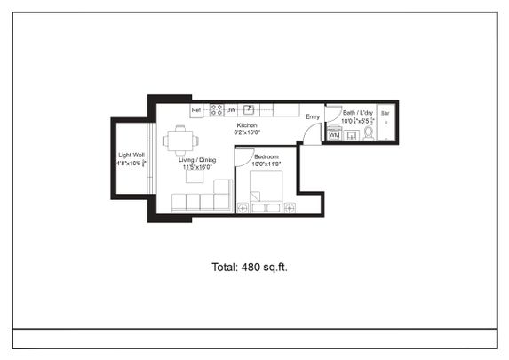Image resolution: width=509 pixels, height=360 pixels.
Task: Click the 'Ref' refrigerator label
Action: (196, 110)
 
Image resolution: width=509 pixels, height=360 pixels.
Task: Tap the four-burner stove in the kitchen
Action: (215, 110)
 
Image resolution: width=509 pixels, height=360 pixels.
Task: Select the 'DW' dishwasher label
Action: (230, 110)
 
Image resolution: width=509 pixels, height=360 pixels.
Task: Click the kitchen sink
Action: (249, 109)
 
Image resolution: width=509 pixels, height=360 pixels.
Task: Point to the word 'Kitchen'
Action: (246, 125)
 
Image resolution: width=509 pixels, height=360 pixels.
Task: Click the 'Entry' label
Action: (313, 116)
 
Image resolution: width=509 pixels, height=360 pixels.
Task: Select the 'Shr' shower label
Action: (386, 114)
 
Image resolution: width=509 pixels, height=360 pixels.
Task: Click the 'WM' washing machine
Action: (334, 134)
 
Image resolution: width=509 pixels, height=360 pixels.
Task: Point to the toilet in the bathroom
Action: (368, 132)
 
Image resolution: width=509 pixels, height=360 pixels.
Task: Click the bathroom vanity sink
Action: (351, 134)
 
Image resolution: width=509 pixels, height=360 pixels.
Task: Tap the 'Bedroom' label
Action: (266, 156)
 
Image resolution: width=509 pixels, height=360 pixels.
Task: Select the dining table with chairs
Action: (180, 140)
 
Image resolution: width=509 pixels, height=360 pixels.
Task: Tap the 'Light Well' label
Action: (131, 155)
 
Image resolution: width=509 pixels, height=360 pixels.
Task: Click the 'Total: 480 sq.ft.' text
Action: (250, 266)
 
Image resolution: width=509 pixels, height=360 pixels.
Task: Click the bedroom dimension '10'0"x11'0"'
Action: (266, 164)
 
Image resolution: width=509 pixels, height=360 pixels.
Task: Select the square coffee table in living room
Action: (194, 176)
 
